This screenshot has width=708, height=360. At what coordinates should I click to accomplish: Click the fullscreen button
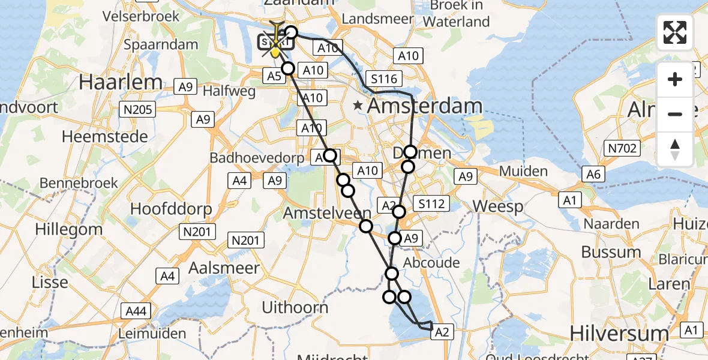click(x=675, y=32)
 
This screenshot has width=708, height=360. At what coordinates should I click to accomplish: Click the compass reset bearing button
click(x=675, y=149)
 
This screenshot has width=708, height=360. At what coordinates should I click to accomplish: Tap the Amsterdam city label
click(x=425, y=106)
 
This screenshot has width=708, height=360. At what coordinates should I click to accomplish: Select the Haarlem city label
click(x=112, y=82)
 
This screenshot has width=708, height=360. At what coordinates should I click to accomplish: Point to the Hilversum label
click(x=619, y=333)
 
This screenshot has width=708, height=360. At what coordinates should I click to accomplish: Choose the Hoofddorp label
click(x=171, y=209)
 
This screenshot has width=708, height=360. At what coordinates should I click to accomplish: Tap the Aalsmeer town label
click(x=224, y=268)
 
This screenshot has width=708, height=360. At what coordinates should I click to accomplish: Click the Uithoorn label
click(x=296, y=308)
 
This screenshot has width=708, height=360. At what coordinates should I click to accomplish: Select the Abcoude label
click(x=431, y=263)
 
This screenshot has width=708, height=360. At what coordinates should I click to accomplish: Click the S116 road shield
click(x=385, y=79)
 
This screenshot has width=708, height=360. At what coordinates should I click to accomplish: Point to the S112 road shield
click(x=431, y=204)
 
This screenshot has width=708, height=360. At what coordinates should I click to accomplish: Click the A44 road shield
click(x=136, y=310)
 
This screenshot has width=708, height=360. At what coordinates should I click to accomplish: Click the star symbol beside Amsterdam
click(x=358, y=106)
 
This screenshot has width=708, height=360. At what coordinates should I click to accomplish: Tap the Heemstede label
click(x=104, y=137)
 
